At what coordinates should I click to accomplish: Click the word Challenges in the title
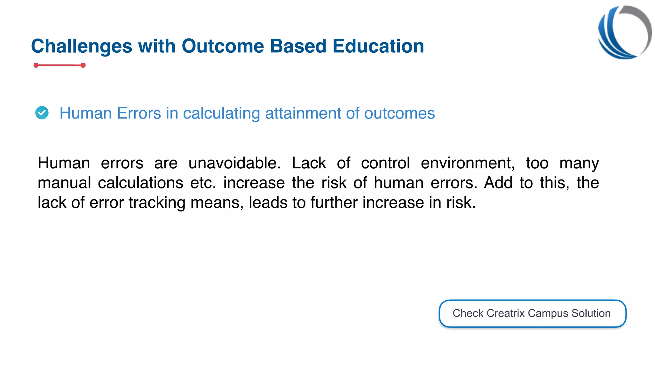[x=81, y=46]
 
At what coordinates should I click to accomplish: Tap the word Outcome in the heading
[x=223, y=46]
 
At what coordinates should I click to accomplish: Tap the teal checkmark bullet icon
[x=42, y=113]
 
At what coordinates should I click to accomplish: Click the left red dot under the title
[x=36, y=65]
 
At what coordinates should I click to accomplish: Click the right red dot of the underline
[x=83, y=65]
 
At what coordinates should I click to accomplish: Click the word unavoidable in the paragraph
[x=234, y=163]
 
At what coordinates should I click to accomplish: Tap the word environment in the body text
[x=468, y=163]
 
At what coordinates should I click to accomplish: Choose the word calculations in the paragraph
[x=140, y=183]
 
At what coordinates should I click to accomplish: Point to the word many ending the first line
[x=579, y=163]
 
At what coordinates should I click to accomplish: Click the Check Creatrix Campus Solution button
[x=532, y=313]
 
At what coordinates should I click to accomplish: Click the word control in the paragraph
[x=385, y=163]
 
